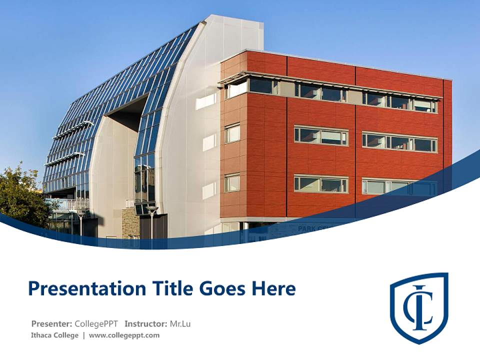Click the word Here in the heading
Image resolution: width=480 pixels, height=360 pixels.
(x=273, y=289)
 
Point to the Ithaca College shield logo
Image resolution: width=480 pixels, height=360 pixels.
(x=419, y=307)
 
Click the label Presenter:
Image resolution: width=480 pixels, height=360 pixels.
(x=52, y=324)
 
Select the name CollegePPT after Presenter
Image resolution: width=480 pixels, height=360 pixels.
(x=97, y=324)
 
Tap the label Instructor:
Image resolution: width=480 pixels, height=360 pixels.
(x=145, y=324)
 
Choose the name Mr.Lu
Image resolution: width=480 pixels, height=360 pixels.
(x=180, y=324)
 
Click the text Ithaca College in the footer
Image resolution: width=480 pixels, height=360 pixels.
(x=54, y=335)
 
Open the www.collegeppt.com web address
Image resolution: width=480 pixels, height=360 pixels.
(x=124, y=335)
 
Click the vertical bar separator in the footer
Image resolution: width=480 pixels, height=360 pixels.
(x=83, y=335)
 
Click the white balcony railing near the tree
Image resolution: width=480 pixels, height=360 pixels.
(x=70, y=204)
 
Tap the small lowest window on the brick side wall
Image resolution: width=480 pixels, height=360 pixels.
(x=232, y=183)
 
